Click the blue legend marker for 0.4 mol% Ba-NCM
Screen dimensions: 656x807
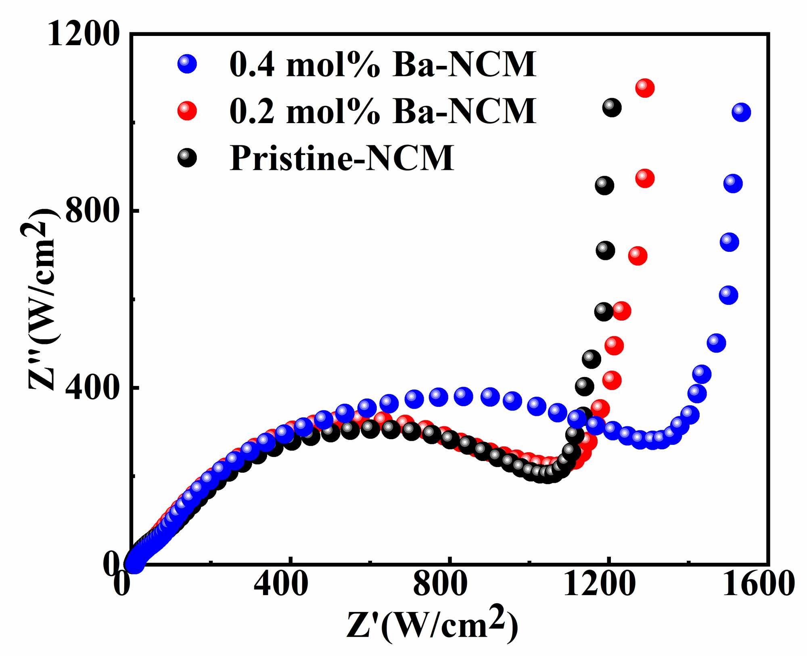[187, 64]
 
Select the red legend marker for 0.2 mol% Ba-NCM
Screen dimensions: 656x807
[187, 111]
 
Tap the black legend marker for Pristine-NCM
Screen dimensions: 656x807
[187, 157]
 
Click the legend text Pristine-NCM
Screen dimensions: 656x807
[342, 158]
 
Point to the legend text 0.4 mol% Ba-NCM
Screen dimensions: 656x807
[383, 64]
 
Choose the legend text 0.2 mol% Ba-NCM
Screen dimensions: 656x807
[383, 111]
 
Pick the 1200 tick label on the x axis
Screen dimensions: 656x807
[599, 585]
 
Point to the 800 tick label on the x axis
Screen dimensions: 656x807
[440, 585]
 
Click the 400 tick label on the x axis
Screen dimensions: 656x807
[281, 585]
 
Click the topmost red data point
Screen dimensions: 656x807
[645, 88]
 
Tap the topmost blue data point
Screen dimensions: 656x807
[741, 112]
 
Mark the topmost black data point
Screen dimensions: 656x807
[612, 107]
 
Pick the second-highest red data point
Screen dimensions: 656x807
[645, 178]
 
